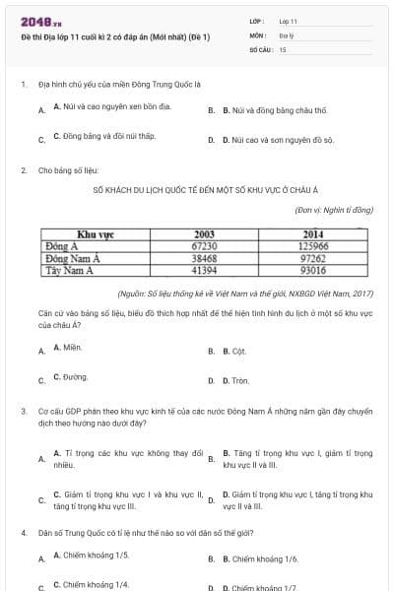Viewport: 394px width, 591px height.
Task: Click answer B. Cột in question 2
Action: [232, 350]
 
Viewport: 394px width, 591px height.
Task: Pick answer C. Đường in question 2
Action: [70, 377]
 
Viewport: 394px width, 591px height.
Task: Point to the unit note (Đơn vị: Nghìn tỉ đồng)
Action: [335, 209]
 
